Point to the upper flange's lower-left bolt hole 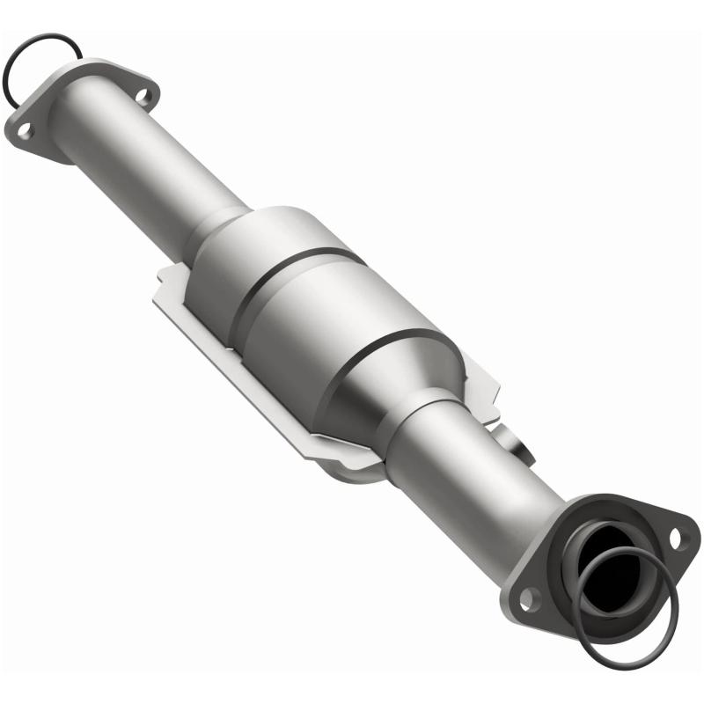[x=25, y=130]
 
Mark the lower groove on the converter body [x=387, y=352]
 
